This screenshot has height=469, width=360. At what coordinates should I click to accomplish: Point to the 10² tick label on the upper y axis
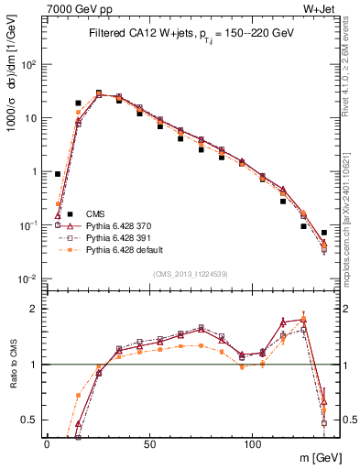point(30,65)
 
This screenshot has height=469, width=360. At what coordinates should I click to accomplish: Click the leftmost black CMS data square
point(58,174)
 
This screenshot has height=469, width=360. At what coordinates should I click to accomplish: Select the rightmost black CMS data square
point(324,233)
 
